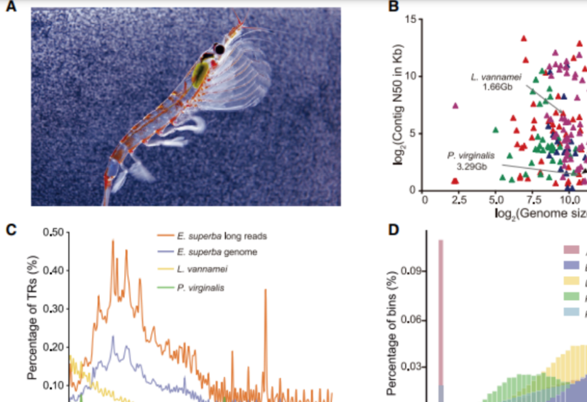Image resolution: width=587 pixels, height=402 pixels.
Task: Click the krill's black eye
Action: pyautogui.click(x=220, y=49)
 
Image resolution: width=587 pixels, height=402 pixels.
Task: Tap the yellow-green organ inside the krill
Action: pyautogui.click(x=200, y=73)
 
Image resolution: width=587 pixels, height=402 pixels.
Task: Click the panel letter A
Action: pyautogui.click(x=11, y=7)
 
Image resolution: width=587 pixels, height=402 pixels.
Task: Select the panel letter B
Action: pyautogui.click(x=393, y=7)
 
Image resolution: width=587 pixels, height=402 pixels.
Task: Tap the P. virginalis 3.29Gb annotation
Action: pyautogui.click(x=471, y=161)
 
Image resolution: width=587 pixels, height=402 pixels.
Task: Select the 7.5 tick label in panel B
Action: pyautogui.click(x=534, y=200)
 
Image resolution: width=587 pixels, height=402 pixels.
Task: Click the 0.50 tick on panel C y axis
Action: pyautogui.click(x=53, y=232)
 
